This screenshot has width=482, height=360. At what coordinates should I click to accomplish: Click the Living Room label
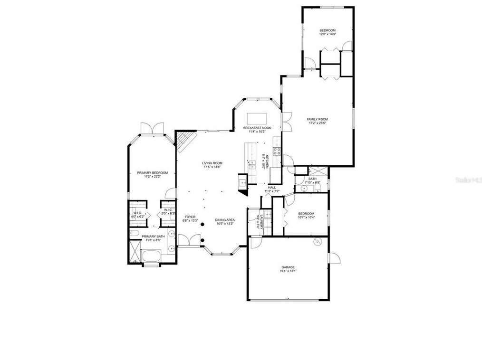pyautogui.click(x=212, y=163)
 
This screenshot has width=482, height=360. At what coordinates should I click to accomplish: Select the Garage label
pyautogui.click(x=288, y=267)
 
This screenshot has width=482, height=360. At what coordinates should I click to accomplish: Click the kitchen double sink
pyautogui.click(x=252, y=165)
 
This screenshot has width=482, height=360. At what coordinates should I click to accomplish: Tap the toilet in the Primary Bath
pyautogui.click(x=135, y=233)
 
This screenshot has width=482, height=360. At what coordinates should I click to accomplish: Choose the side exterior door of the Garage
pyautogui.click(x=335, y=258)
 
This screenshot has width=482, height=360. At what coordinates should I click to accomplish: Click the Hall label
pyautogui.click(x=272, y=187)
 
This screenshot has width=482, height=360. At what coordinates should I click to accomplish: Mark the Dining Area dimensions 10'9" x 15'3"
pyautogui.click(x=224, y=224)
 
